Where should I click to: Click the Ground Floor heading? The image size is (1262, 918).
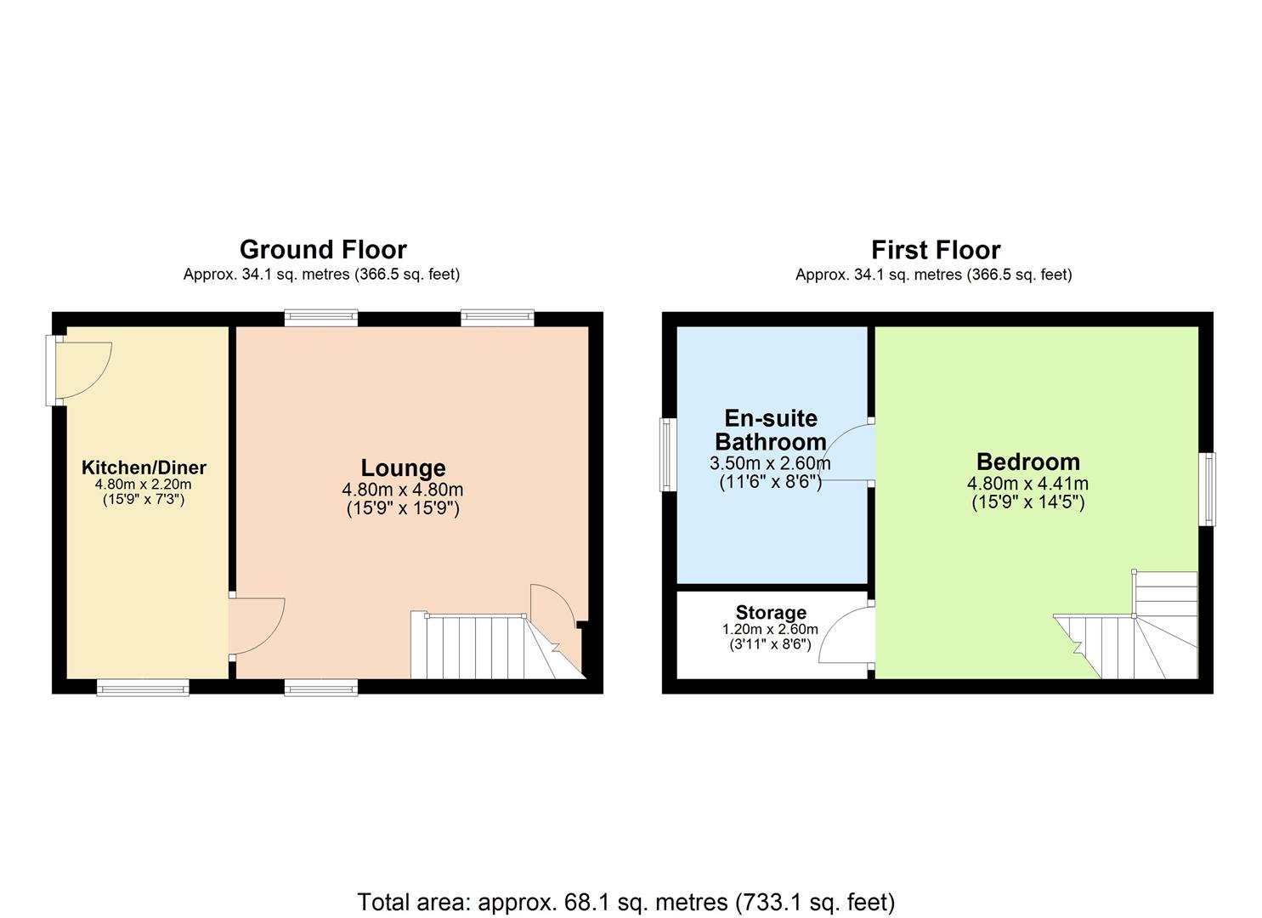pyautogui.click(x=323, y=249)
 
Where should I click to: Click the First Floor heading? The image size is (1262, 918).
pyautogui.click(x=935, y=249)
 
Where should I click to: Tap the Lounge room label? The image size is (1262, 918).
pyautogui.click(x=403, y=467)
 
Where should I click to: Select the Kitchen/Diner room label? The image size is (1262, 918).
pyautogui.click(x=144, y=467)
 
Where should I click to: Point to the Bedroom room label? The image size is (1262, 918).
pyautogui.click(x=1027, y=462)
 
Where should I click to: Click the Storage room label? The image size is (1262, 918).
pyautogui.click(x=771, y=612)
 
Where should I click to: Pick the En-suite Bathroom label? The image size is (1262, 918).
pyautogui.click(x=770, y=430)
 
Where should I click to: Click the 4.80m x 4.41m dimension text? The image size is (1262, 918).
pyautogui.click(x=1027, y=484)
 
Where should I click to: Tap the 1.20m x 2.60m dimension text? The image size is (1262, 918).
pyautogui.click(x=770, y=629)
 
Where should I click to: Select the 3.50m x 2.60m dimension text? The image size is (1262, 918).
pyautogui.click(x=770, y=463)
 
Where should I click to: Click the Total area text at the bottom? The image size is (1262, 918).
pyautogui.click(x=626, y=901)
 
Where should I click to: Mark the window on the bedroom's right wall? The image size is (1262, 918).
pyautogui.click(x=1207, y=490)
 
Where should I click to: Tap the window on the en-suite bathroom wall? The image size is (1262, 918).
pyautogui.click(x=669, y=454)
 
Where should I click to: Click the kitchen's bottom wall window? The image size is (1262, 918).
pyautogui.click(x=143, y=687)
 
